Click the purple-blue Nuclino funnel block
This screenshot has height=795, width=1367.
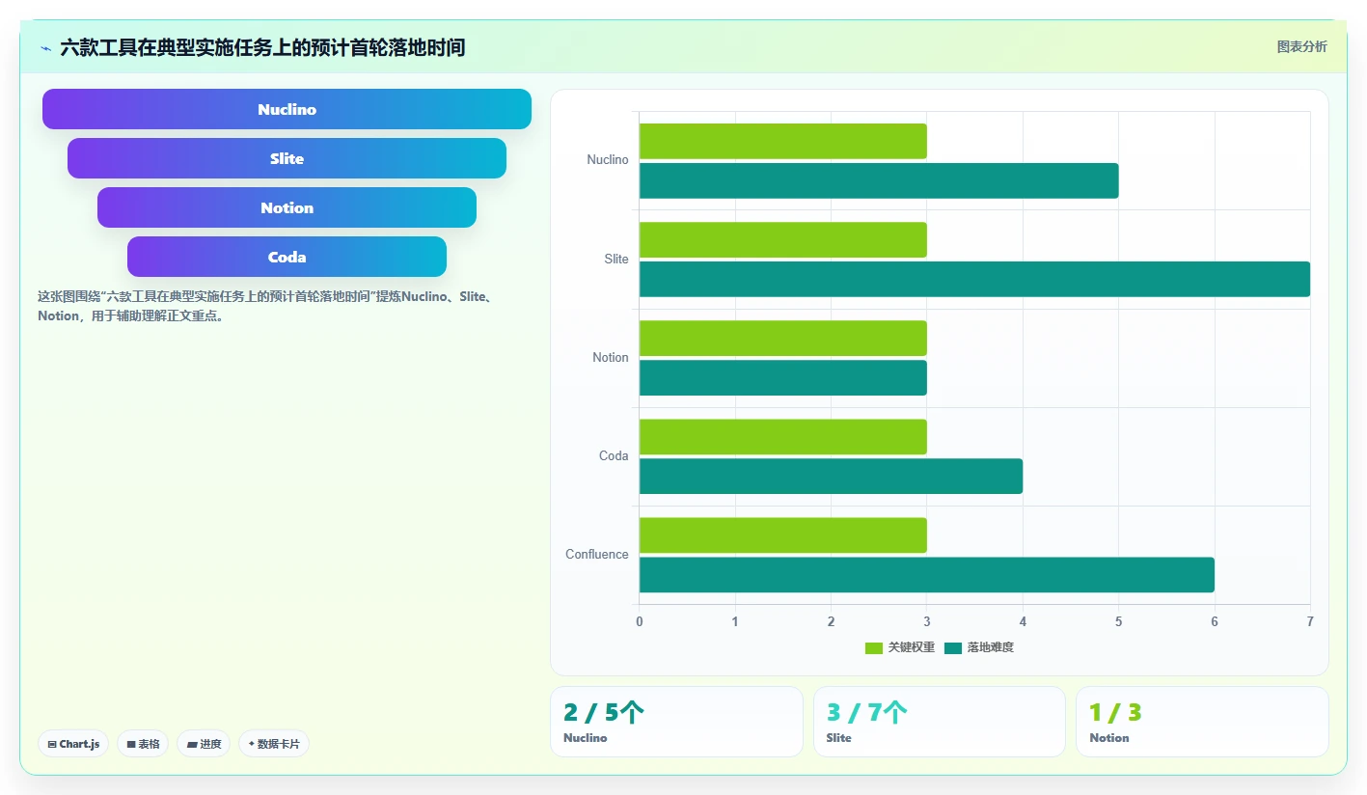[287, 109]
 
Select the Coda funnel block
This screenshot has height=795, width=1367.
[287, 257]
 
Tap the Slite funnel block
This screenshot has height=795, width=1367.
[287, 158]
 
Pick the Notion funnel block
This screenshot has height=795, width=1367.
[287, 207]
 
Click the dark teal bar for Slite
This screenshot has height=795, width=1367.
[974, 280]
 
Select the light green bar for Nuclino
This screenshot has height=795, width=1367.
[783, 142]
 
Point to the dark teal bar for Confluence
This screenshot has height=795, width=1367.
[927, 575]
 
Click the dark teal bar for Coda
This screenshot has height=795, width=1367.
[832, 477]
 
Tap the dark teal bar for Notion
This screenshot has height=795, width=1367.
[783, 377]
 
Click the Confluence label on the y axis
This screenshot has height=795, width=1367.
[597, 554]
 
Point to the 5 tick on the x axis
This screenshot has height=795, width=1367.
[1119, 621]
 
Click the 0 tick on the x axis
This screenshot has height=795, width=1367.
[640, 621]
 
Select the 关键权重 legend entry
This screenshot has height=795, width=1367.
[900, 647]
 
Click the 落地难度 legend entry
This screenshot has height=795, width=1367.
[979, 647]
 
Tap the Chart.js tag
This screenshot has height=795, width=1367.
[73, 744]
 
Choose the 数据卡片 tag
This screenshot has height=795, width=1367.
[274, 744]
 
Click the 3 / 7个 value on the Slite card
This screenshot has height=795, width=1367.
[866, 712]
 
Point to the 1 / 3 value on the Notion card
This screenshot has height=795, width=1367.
[1115, 712]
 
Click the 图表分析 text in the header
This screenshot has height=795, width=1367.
[1302, 47]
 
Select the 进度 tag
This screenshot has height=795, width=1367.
[204, 744]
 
